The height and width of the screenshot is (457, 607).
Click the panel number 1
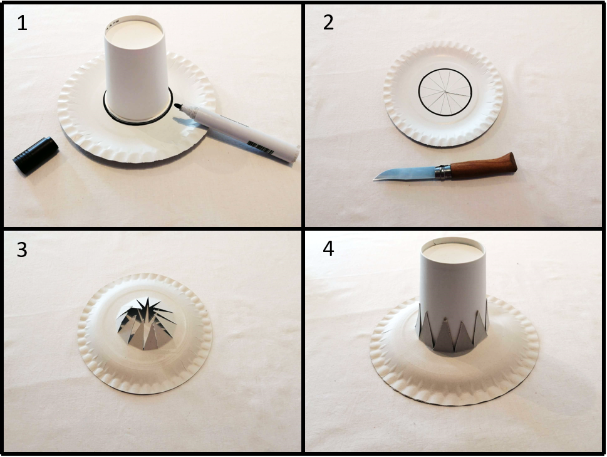[x=22, y=23]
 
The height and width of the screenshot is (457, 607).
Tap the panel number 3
[x=22, y=250]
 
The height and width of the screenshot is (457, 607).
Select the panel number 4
[x=328, y=249]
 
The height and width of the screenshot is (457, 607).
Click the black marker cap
[x=36, y=155]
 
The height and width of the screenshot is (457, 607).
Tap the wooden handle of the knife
[x=484, y=165]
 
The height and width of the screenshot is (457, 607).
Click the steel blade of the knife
[x=405, y=173]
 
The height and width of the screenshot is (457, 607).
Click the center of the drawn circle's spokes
[x=445, y=93]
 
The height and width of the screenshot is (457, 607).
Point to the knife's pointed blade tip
[x=374, y=179]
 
